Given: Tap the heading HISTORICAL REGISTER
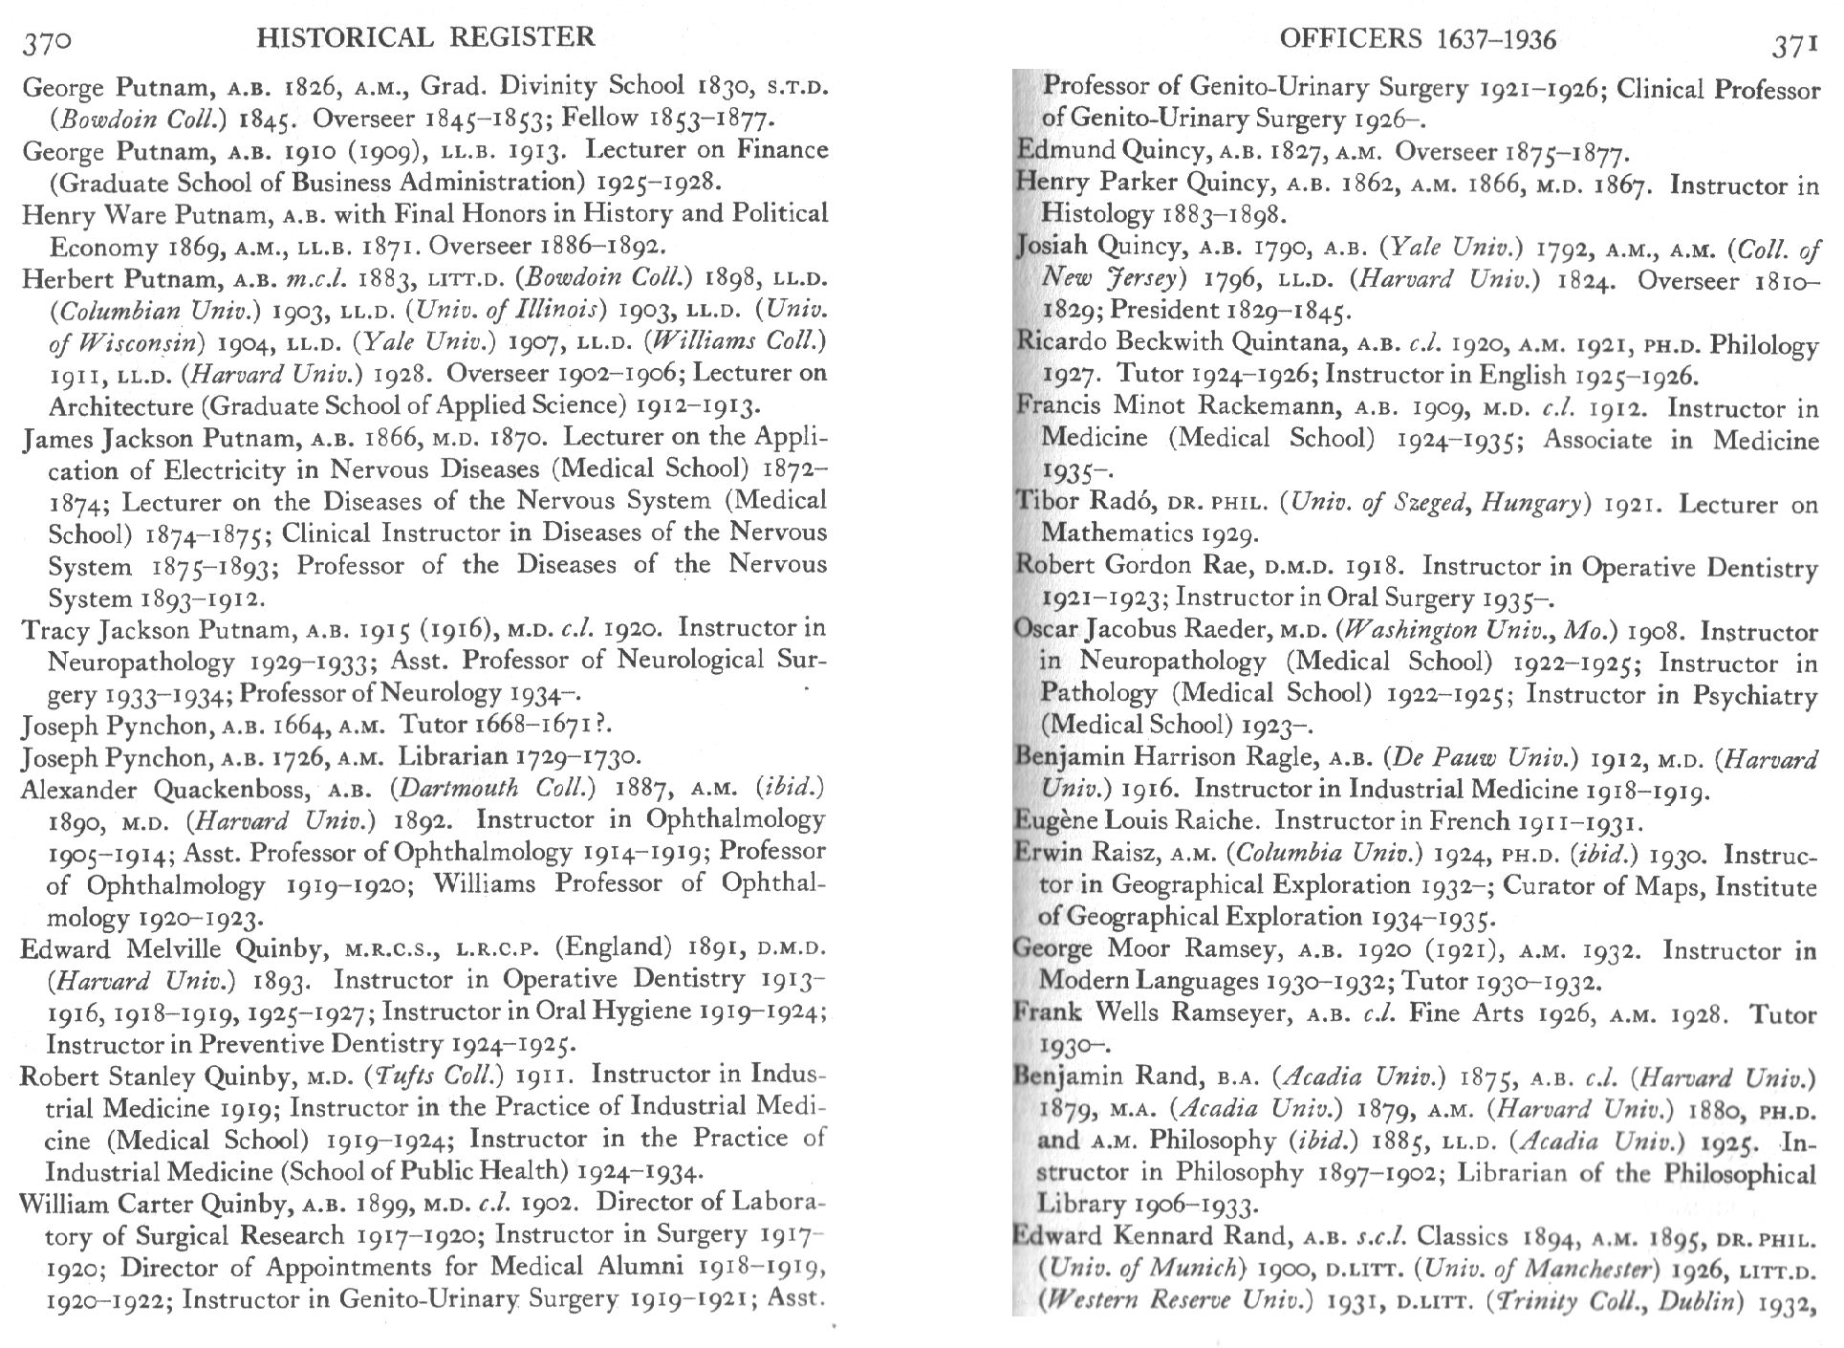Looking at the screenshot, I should pyautogui.click(x=426, y=37).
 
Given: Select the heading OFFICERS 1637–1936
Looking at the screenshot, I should pyautogui.click(x=1418, y=39).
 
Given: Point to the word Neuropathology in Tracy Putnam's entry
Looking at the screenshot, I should pyautogui.click(x=141, y=662).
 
